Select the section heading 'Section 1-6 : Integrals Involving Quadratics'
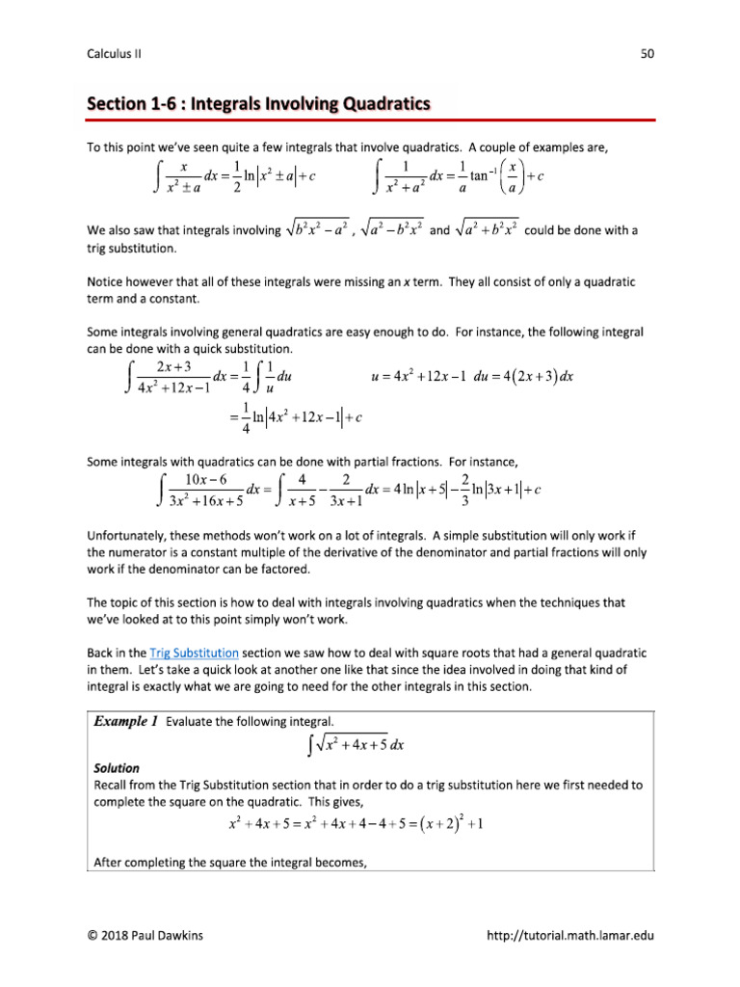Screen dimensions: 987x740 coord(258,103)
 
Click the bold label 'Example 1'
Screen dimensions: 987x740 coord(126,720)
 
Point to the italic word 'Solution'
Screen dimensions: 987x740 coord(117,768)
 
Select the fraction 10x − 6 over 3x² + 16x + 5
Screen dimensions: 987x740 coord(206,490)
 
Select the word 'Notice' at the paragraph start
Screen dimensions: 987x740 coord(106,281)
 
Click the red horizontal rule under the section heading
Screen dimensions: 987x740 coord(371,120)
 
